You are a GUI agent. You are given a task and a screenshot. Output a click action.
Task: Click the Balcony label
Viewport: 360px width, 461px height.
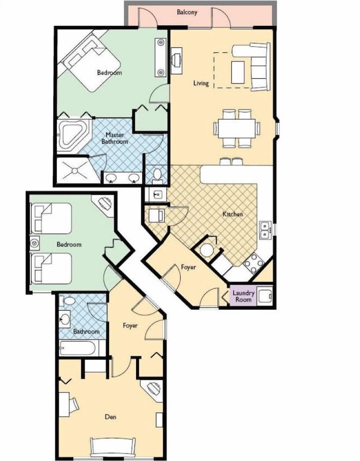pyautogui.click(x=187, y=12)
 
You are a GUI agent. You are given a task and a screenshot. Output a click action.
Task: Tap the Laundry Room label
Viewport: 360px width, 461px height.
pyautogui.click(x=244, y=296)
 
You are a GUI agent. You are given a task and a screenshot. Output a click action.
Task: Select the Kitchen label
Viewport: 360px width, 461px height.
pyautogui.click(x=233, y=214)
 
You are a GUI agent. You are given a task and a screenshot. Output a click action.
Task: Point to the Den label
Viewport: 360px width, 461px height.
pyautogui.click(x=110, y=417)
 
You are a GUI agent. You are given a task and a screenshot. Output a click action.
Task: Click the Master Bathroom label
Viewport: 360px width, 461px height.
pyautogui.click(x=115, y=138)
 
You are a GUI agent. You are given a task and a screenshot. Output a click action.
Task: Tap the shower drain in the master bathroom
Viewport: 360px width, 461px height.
pyautogui.click(x=75, y=171)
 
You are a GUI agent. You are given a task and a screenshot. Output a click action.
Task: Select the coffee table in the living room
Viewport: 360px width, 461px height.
pyautogui.click(x=238, y=72)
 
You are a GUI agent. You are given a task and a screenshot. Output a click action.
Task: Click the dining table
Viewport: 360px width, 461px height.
pyautogui.click(x=236, y=128)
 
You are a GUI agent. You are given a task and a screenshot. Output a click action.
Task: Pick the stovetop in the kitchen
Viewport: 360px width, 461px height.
pyautogui.click(x=253, y=263)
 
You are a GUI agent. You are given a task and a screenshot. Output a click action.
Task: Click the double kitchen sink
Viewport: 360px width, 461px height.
pyautogui.click(x=265, y=230)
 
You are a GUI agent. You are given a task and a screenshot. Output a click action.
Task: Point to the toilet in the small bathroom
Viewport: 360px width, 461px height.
pyautogui.click(x=67, y=301)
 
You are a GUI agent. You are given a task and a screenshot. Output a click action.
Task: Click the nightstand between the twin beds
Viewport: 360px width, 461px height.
pyautogui.click(x=35, y=243)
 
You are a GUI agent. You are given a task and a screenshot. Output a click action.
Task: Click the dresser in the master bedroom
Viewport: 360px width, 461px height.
pyautogui.click(x=160, y=57)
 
